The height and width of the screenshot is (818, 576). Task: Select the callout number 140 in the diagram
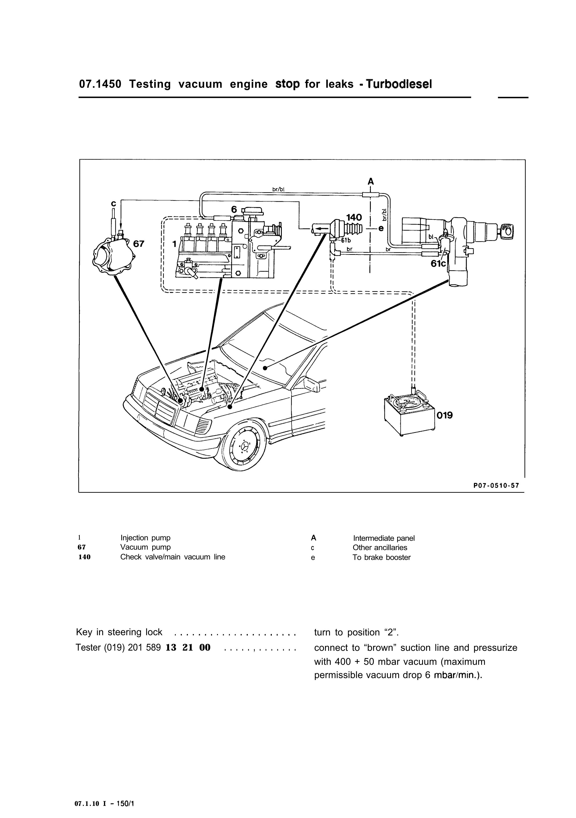(354, 217)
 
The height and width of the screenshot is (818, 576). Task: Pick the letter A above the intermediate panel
(371, 182)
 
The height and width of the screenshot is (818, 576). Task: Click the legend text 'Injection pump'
(145, 538)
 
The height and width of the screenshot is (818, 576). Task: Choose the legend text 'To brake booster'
(382, 558)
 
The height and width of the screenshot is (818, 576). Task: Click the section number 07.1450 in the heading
(100, 84)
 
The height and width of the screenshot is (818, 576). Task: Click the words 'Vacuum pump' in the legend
(145, 547)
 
